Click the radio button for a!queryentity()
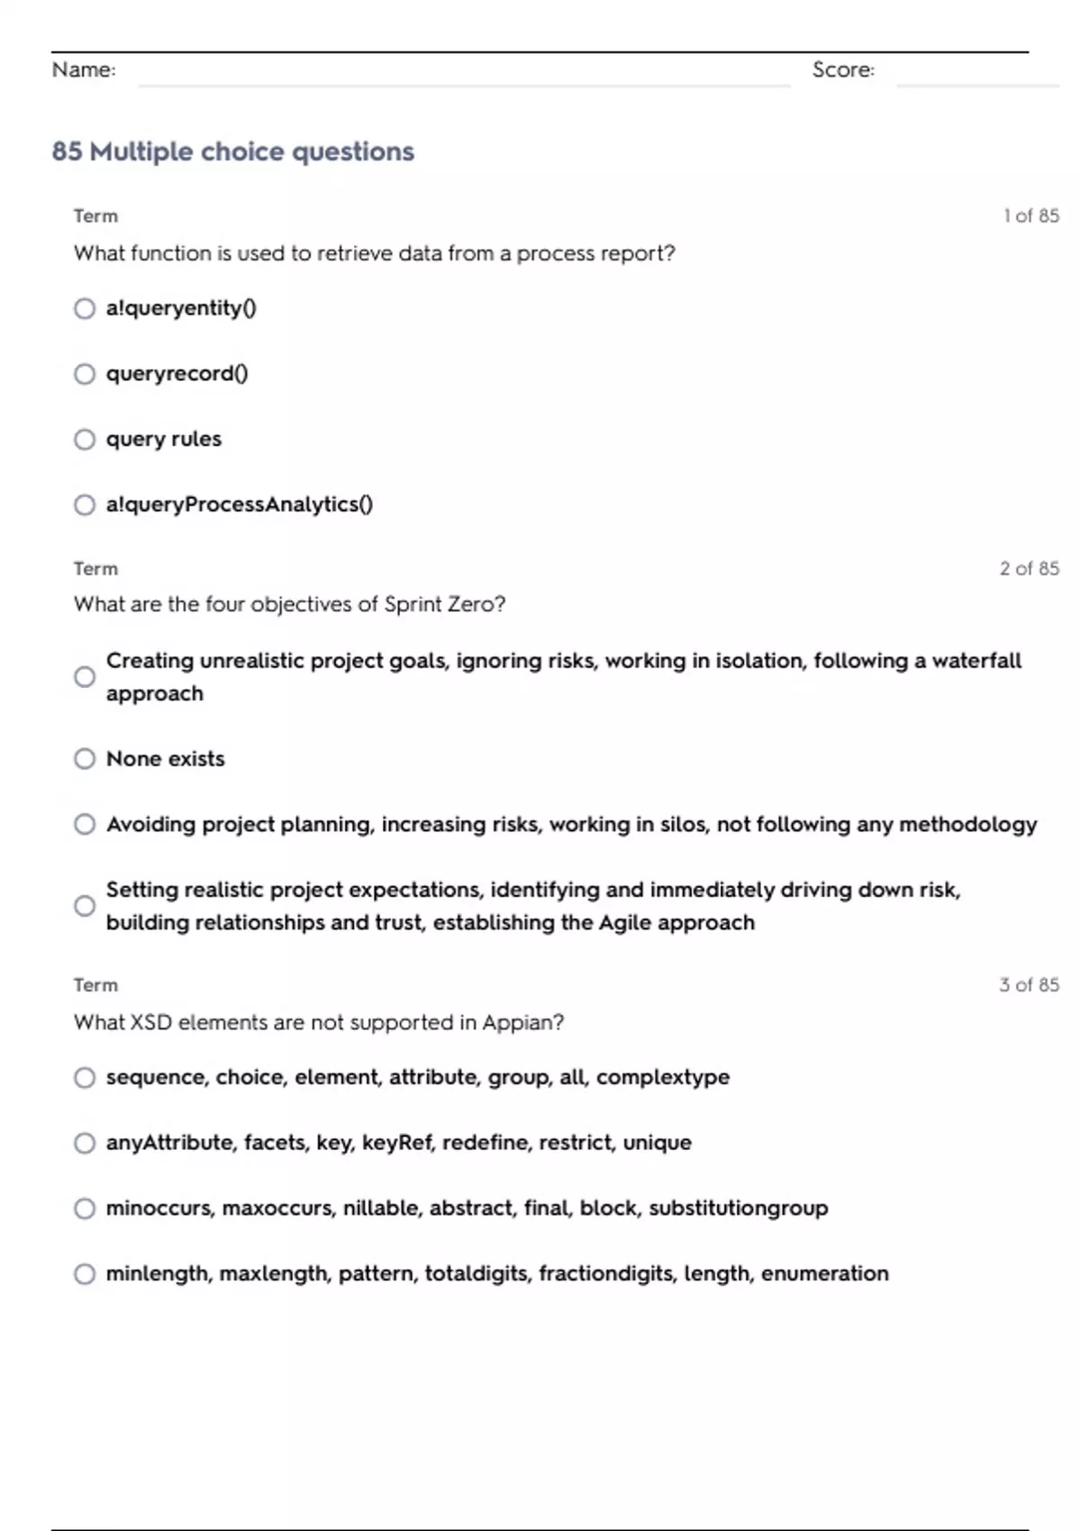point(85,309)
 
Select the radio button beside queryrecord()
point(85,374)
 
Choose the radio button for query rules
point(85,439)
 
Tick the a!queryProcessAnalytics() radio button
point(85,505)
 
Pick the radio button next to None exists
point(85,759)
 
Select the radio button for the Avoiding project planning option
point(85,825)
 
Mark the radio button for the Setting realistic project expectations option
point(85,906)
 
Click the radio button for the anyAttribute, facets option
point(85,1144)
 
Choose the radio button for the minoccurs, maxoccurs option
point(85,1209)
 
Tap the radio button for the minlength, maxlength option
point(85,1274)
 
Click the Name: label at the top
point(84,69)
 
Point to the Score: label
point(843,69)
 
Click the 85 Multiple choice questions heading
point(233,151)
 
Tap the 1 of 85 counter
point(1031,216)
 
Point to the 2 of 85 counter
point(1030,568)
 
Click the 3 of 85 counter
point(1030,985)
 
